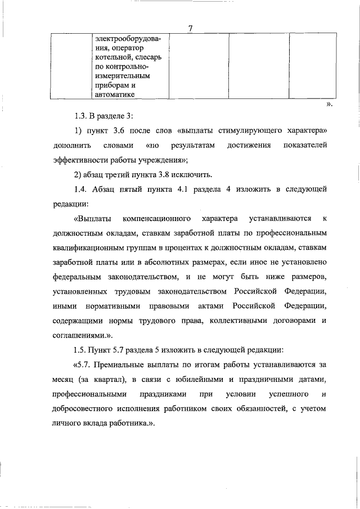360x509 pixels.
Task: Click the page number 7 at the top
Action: pyautogui.click(x=191, y=29)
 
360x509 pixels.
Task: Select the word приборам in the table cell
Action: pyautogui.click(x=112, y=86)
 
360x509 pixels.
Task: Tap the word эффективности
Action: pyautogui.click(x=80, y=160)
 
